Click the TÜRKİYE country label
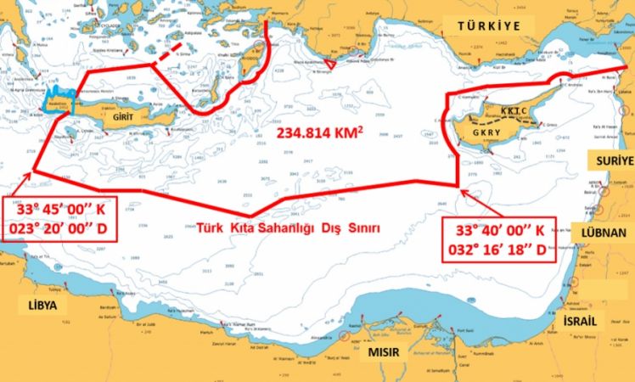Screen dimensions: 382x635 (488, 26)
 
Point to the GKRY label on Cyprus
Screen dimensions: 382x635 (486, 134)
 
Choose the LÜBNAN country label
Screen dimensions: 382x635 (608, 229)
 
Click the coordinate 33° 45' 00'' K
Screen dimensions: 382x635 (58, 210)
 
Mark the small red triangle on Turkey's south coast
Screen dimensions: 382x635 (332, 65)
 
